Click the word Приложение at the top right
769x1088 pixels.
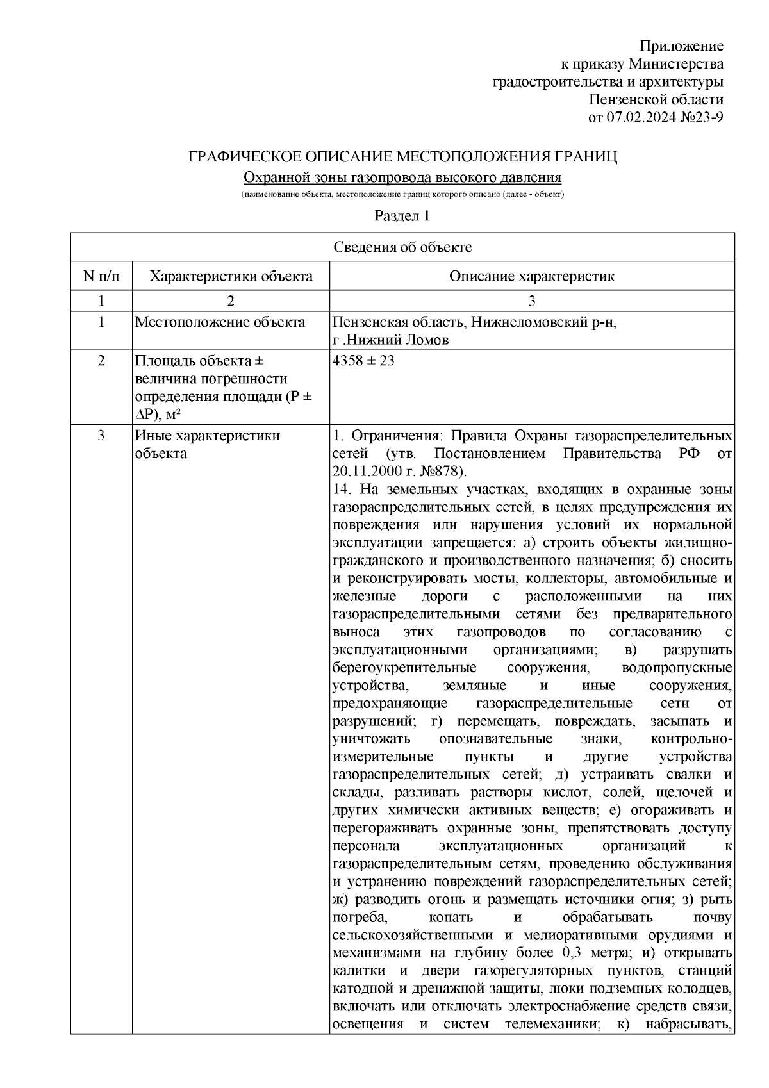pos(682,46)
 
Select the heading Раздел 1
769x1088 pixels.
pos(402,216)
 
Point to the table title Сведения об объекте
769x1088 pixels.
pos(402,247)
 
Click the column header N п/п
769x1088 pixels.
pos(101,276)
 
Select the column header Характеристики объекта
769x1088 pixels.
pos(231,276)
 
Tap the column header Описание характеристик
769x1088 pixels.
pos(531,276)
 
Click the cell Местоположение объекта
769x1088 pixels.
pos(220,322)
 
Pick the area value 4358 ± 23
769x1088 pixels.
pos(363,361)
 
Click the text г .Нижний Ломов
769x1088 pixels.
pos(391,340)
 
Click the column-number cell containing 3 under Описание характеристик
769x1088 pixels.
pos(531,301)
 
